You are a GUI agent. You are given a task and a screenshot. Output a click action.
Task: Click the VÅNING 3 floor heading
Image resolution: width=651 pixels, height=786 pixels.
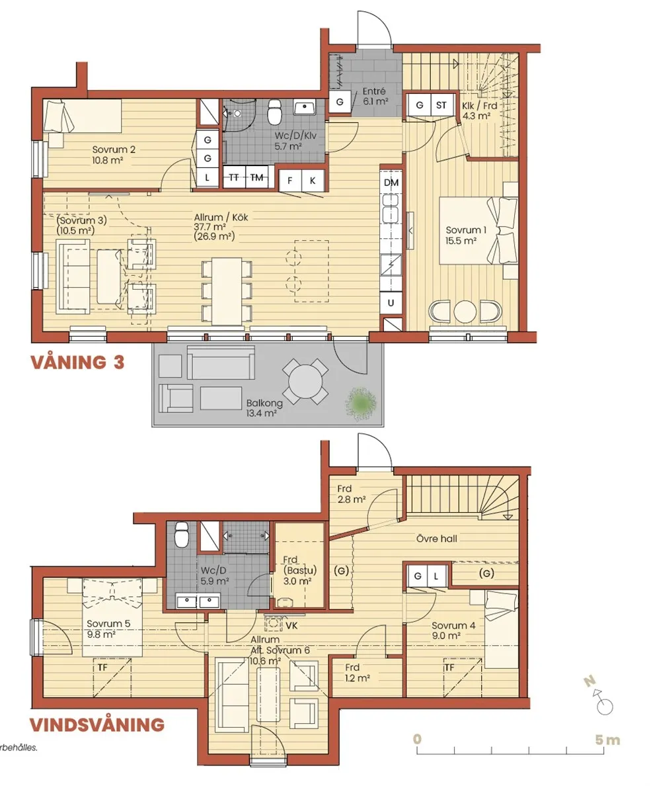[77, 363]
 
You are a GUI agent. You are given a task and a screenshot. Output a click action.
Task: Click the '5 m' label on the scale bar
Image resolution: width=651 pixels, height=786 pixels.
[607, 740]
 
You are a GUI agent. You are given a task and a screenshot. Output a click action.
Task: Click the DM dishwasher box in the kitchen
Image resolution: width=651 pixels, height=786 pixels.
[391, 182]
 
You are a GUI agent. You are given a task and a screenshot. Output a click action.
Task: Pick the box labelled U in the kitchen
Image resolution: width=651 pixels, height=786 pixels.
[391, 302]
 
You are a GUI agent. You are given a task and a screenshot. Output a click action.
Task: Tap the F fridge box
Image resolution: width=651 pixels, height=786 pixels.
[289, 180]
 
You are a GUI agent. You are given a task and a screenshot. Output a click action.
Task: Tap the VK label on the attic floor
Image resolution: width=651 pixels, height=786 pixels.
[291, 623]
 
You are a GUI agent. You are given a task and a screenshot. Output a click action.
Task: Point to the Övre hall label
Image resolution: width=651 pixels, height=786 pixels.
[436, 538]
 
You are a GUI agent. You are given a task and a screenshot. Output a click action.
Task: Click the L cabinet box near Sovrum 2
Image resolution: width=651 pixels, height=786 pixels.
[207, 177]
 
